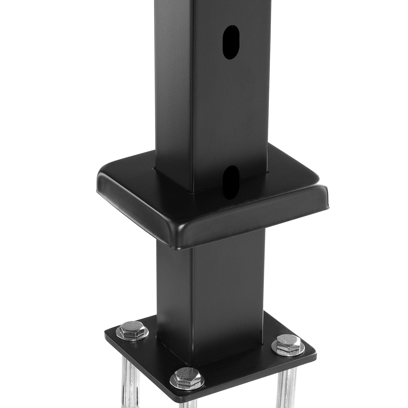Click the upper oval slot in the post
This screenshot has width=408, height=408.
(x=232, y=42)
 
